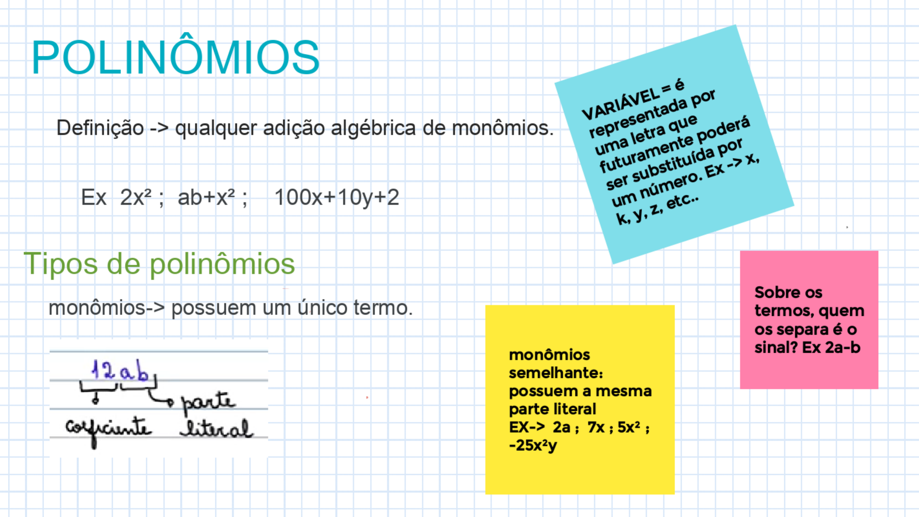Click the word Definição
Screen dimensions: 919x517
click(x=100, y=128)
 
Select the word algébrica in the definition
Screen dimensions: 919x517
click(x=373, y=128)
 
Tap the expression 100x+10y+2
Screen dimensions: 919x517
click(x=337, y=197)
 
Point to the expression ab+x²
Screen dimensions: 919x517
click(x=206, y=197)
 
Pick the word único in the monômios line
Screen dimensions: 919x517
click(x=322, y=308)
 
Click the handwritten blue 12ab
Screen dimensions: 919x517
click(x=120, y=370)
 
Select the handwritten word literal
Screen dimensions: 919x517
click(x=217, y=429)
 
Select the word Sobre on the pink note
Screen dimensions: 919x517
click(x=771, y=292)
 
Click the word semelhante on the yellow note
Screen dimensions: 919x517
click(x=556, y=373)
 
